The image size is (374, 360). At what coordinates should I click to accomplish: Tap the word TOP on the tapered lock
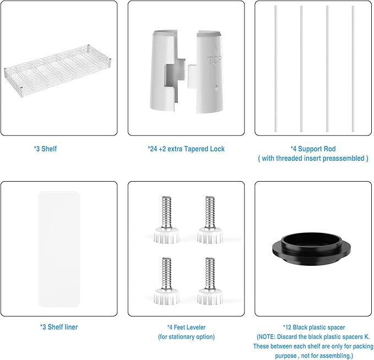point(214,61)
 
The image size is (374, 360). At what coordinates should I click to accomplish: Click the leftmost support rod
point(276,69)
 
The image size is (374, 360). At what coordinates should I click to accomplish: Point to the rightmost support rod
point(353,69)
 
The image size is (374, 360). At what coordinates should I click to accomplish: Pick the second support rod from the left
point(301,69)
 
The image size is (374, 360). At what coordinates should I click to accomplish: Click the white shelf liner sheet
point(59,249)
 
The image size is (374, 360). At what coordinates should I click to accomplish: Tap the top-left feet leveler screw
point(166,220)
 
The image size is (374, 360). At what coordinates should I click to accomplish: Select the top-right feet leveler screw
point(210,220)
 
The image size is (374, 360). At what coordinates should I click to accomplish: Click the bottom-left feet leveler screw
point(166,281)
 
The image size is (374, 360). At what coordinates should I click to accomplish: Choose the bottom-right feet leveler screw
point(210,281)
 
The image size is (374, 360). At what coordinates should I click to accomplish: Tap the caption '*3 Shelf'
point(45,149)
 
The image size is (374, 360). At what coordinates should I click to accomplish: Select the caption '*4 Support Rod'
point(313,149)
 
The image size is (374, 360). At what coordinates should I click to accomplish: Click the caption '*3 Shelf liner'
point(59,327)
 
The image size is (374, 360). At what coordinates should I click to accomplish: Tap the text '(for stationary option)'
point(186,337)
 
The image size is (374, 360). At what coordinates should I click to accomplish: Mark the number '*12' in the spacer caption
point(287,328)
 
